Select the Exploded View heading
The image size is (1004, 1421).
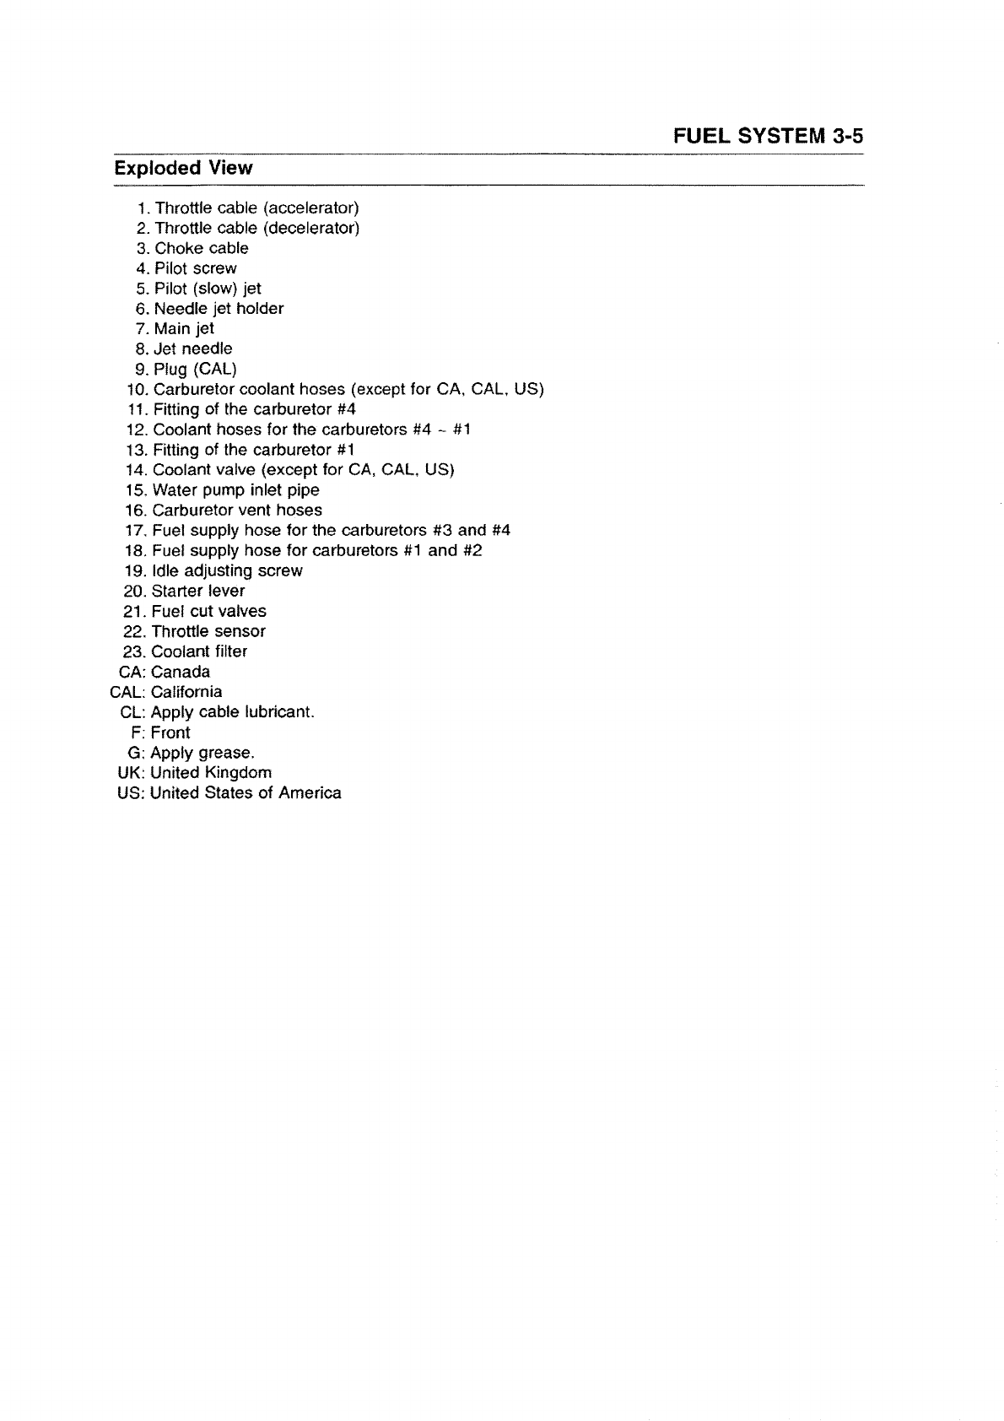click(183, 168)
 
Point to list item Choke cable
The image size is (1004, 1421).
click(201, 248)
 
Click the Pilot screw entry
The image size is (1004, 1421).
click(195, 268)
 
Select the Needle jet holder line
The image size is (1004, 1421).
click(219, 309)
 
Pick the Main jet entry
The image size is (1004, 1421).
click(184, 328)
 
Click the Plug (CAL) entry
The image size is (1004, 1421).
click(195, 369)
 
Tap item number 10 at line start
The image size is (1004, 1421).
click(135, 389)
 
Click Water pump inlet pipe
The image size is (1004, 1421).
click(235, 490)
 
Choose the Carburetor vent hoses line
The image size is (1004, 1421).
click(236, 511)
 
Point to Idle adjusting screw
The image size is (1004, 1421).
click(226, 570)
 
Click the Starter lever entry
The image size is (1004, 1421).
click(197, 591)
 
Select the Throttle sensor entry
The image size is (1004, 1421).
click(208, 631)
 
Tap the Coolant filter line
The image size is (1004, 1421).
click(199, 651)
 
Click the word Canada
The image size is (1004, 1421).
click(181, 672)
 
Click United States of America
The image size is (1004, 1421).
click(246, 793)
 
